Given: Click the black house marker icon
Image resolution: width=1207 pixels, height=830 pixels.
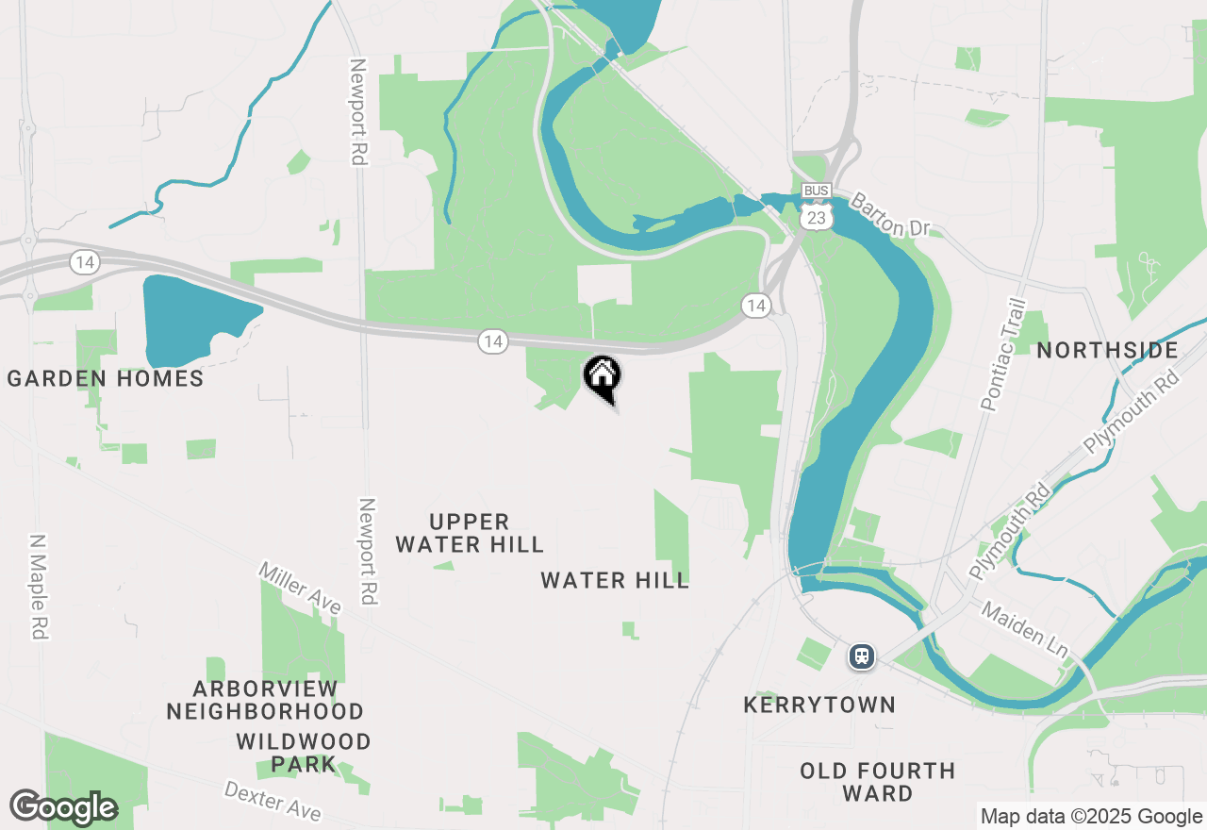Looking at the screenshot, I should click(603, 375).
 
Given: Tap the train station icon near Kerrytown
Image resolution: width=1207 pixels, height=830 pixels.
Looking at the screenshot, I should click(861, 656).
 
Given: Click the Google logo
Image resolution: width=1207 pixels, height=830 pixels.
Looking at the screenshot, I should click(63, 807).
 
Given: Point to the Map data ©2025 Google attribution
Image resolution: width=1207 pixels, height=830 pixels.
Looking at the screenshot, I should click(1091, 817).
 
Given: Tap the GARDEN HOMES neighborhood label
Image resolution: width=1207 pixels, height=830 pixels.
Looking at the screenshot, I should click(106, 379).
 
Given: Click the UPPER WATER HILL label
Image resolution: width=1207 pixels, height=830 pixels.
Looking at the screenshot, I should click(470, 533).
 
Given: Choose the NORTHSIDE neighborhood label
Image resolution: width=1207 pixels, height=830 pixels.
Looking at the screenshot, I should click(1108, 351).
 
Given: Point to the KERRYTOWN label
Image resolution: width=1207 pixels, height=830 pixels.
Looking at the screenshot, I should click(819, 705).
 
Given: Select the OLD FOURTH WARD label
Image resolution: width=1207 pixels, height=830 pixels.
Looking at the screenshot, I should click(878, 782).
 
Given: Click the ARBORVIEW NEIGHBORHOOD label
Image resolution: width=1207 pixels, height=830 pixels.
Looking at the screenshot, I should click(265, 699).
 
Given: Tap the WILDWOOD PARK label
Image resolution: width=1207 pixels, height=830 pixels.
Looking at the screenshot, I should click(304, 753).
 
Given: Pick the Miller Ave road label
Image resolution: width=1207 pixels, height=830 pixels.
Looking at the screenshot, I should click(300, 589).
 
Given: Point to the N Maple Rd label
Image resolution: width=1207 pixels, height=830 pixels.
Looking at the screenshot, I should click(38, 588).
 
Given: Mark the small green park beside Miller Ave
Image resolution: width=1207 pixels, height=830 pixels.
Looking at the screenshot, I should click(302, 641).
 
